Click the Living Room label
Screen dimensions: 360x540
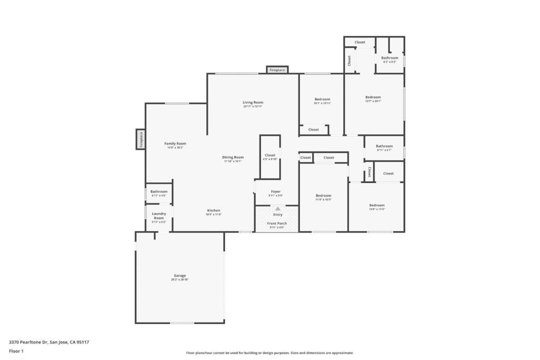[253, 102]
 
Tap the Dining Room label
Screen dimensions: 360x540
[233, 157]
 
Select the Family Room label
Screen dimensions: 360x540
[175, 143]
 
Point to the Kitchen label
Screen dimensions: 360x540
[214, 210]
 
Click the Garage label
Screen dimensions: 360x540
[180, 276]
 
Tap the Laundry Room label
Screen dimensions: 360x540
[159, 216]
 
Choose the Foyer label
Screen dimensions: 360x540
[276, 191]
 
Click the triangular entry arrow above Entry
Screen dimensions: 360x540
[277, 209]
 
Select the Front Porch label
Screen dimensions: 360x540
[277, 223]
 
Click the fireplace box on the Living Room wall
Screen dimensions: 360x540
[277, 70]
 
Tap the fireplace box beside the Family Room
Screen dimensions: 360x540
[141, 139]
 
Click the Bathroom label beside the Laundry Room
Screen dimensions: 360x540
[159, 191]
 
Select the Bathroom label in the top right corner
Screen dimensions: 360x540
[390, 57]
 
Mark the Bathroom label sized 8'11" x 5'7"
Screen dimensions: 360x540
[384, 146]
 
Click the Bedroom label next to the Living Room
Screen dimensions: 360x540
[322, 99]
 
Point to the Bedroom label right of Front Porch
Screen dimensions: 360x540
[323, 195]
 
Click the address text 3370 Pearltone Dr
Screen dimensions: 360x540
[49, 342]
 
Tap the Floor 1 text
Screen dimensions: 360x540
[16, 351]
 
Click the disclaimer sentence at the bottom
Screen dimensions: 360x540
[269, 353]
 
